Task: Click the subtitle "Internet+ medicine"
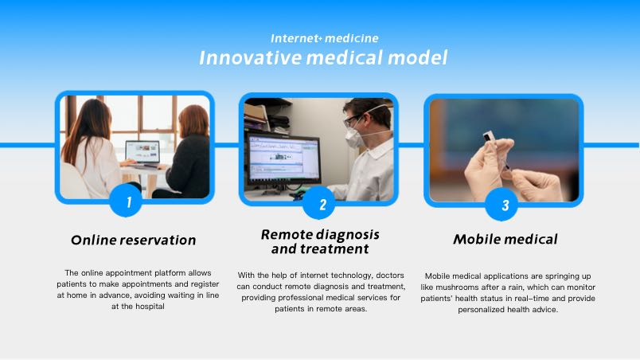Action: (325, 38)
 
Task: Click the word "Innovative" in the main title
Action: (250, 57)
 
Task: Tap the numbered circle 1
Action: (126, 201)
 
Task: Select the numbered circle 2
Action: (319, 203)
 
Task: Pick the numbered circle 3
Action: (501, 204)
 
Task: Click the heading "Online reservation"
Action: (134, 240)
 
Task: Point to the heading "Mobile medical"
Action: (505, 239)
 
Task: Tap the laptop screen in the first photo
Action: (142, 151)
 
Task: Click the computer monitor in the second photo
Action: (283, 158)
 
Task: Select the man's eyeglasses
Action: (352, 120)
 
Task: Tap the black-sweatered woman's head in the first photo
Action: (193, 121)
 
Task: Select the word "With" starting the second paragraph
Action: (246, 276)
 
